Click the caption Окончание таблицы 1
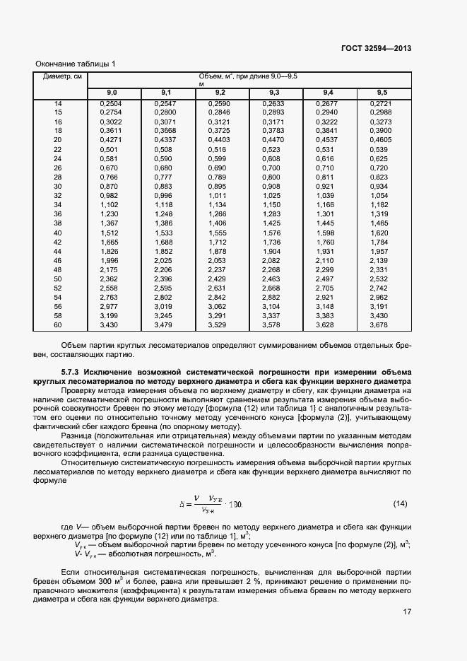point(75,64)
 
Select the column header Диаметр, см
point(62,76)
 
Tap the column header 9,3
point(274,93)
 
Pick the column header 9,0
point(112,93)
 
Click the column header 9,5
point(382,93)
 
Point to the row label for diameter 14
point(59,104)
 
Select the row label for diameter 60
point(59,324)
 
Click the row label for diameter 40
point(59,233)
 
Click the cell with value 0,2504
point(112,104)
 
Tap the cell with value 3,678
point(379,324)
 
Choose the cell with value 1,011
point(220,196)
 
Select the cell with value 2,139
point(379,260)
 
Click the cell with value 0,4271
point(112,140)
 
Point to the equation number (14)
point(400,503)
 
